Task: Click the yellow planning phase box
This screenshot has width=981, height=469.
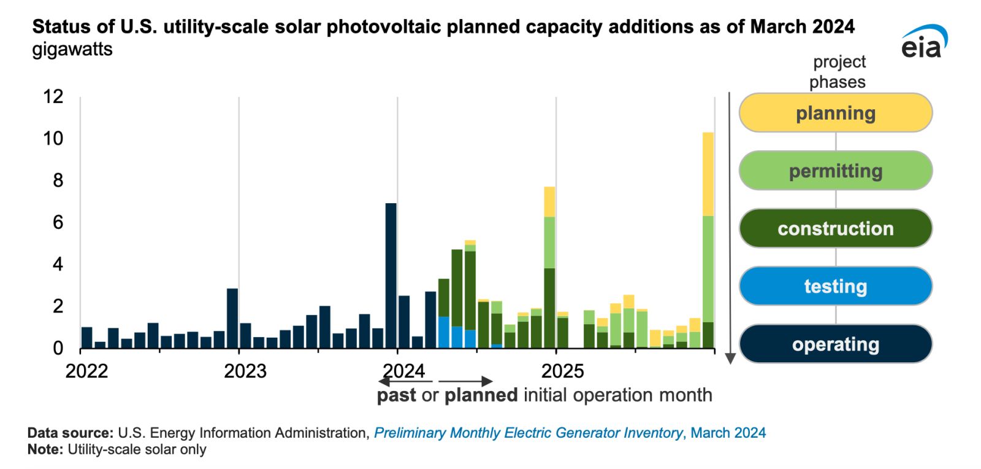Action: [x=835, y=113]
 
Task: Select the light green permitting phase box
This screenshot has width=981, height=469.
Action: [x=835, y=171]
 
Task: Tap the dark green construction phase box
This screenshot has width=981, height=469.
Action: [x=835, y=228]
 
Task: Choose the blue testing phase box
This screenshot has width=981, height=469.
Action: [x=835, y=286]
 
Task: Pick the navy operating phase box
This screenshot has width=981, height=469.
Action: [x=835, y=344]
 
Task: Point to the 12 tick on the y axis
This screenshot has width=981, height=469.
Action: [x=53, y=96]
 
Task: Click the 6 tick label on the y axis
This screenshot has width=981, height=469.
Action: [x=58, y=222]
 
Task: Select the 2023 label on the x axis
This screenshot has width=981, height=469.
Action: [x=245, y=371]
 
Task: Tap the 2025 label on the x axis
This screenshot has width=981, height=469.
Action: [x=562, y=371]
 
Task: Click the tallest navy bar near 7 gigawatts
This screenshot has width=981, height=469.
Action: [x=391, y=275]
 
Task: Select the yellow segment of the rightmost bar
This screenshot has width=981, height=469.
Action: [x=708, y=174]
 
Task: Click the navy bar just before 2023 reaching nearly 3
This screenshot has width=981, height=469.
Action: [x=232, y=318]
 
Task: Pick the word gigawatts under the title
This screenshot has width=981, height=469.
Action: [x=72, y=49]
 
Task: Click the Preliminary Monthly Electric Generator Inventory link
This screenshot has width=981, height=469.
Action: [x=528, y=433]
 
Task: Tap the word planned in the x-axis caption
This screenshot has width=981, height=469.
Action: [x=481, y=395]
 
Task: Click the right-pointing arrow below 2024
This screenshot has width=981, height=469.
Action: [x=466, y=382]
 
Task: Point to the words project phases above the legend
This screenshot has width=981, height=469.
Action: [x=838, y=72]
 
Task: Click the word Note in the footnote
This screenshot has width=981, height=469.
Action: [x=45, y=449]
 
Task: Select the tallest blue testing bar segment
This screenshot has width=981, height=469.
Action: [x=443, y=332]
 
